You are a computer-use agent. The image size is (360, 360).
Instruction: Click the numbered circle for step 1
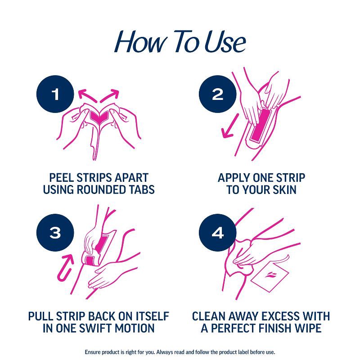pos(55,94)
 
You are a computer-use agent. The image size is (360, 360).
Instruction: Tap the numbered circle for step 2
pos(217,94)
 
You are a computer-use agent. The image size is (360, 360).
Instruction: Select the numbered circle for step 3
pos(55,233)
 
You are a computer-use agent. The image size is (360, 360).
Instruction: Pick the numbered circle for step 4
pos(217,233)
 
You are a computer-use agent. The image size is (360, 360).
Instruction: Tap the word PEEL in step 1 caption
pos(61,177)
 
